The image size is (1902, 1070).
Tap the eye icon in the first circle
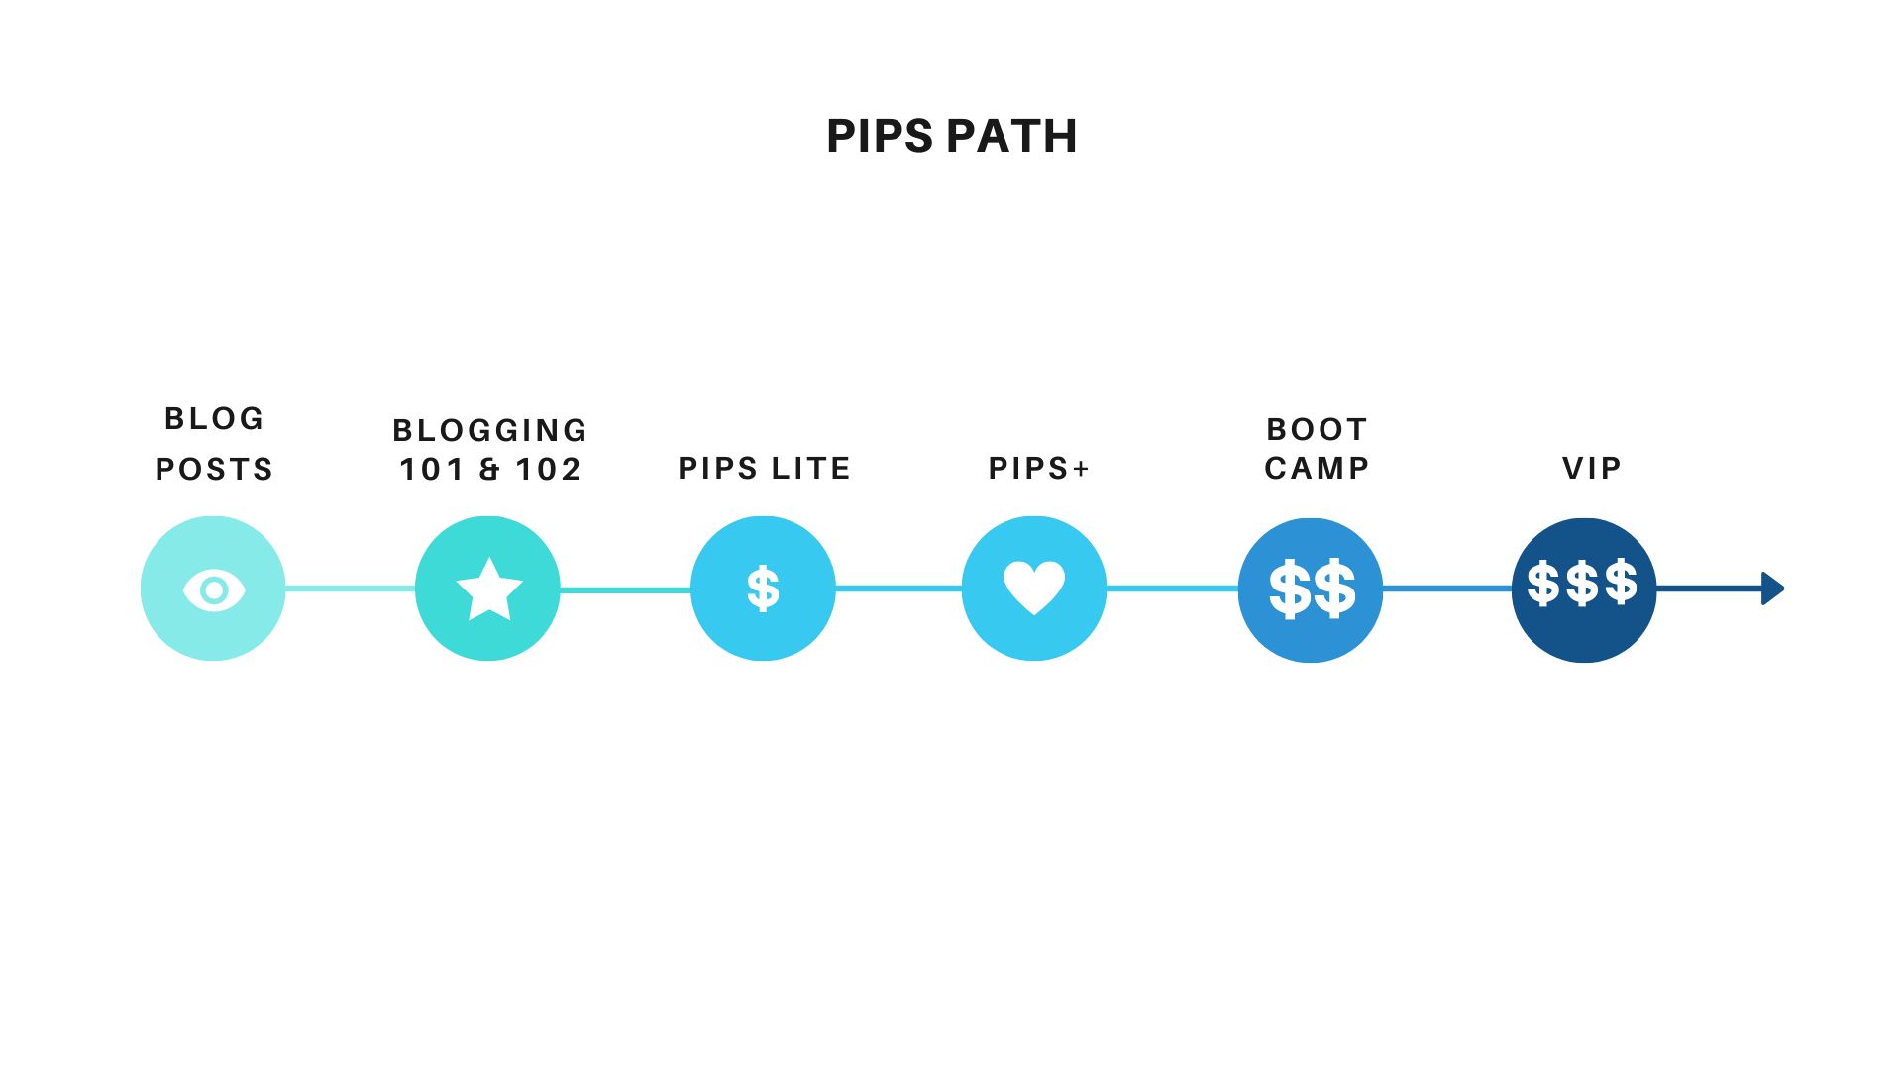coord(213,590)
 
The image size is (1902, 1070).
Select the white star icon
coord(488,589)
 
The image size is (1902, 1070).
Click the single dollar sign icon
coord(763,588)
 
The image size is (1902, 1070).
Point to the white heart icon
coord(1034,588)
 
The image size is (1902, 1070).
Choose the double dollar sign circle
coord(1311,589)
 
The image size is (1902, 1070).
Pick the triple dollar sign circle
coord(1583,589)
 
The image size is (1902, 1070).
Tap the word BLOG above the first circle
coord(214,419)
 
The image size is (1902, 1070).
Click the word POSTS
coord(214,469)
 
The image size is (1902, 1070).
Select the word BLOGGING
coord(490,430)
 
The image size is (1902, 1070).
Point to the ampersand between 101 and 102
coord(489,469)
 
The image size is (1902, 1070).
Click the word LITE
coord(810,468)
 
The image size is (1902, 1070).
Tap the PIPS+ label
coord(1039,468)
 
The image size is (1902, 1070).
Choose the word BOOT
coord(1317,429)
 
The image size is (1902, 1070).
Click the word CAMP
coord(1317,468)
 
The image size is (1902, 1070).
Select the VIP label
coord(1592,468)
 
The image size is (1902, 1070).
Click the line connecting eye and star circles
coord(350,589)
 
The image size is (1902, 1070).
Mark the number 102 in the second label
coord(548,469)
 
